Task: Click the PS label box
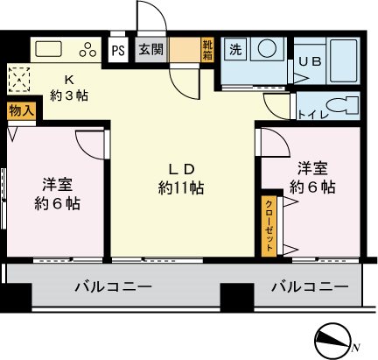(x=117, y=49)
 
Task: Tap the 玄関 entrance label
(x=148, y=49)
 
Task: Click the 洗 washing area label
(x=234, y=50)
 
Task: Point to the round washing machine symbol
(x=265, y=51)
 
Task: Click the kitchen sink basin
(x=49, y=48)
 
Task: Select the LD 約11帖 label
(x=181, y=178)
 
